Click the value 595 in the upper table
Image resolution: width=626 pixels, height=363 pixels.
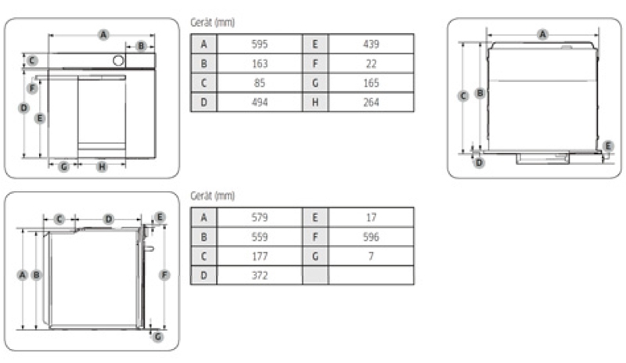coord(260,44)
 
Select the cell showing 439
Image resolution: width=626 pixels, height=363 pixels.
coord(371,44)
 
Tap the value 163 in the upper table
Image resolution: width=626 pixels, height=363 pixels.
coord(260,63)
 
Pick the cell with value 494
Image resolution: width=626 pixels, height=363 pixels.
coord(260,102)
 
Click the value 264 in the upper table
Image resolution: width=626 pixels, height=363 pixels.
coord(371,102)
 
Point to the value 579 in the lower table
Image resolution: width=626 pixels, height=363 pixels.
coord(260,217)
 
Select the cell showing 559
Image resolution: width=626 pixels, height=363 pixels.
coord(260,237)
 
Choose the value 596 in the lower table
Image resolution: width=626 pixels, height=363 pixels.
coord(371,237)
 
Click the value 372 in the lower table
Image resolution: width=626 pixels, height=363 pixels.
coord(260,275)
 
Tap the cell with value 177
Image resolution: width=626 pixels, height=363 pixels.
coord(260,256)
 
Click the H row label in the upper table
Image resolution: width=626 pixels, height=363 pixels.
coord(315,102)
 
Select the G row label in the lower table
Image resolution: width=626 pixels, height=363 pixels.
coord(315,256)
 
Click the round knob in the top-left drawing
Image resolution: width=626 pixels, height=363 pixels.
coord(118,60)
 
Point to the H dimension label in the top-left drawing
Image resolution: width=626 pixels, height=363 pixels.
coord(102,166)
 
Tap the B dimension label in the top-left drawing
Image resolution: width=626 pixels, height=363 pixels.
coord(141,46)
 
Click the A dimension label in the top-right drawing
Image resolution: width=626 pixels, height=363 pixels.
coord(543,33)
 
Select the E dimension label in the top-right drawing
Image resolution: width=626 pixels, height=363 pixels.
coord(609,146)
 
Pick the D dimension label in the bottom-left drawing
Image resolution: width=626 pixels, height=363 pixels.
coord(109,219)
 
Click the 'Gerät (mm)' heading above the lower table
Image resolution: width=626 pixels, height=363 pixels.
coord(212,196)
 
